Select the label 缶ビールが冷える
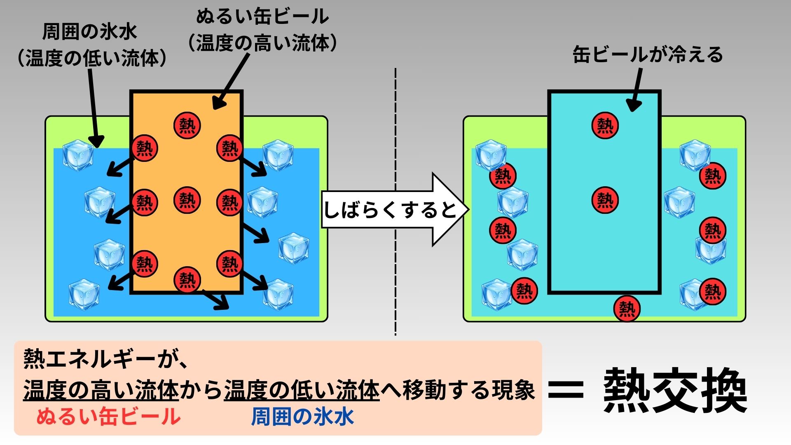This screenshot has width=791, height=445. tap(648, 55)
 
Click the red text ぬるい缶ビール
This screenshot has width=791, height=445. tap(109, 417)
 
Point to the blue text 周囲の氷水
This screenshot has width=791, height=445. tap(302, 417)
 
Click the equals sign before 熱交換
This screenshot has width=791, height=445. tap(566, 390)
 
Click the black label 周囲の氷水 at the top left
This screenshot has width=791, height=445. tap(90, 32)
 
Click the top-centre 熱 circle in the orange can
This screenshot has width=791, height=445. tap(187, 125)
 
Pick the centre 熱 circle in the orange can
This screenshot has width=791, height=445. tap(187, 200)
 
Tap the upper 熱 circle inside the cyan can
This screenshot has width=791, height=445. tap(605, 125)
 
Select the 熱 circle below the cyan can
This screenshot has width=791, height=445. tap(627, 308)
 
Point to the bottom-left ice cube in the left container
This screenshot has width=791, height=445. tap(84, 294)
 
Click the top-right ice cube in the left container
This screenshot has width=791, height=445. tap(278, 155)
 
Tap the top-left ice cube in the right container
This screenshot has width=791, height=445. tap(490, 154)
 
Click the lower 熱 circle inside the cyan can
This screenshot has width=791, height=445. tap(605, 200)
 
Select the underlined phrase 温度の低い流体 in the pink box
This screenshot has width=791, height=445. tap(302, 390)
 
